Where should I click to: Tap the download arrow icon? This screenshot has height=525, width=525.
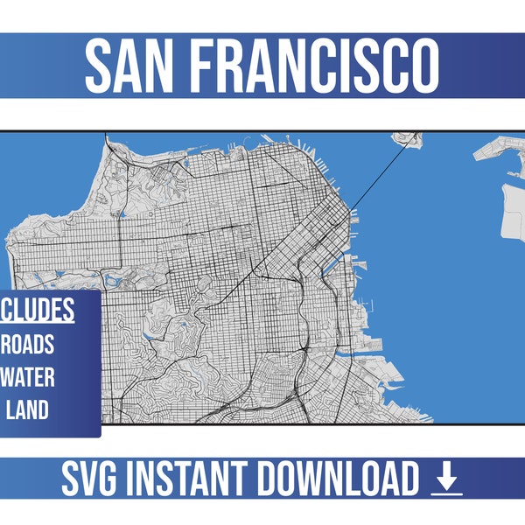point(446,479)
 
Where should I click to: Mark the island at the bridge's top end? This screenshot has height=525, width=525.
point(407,137)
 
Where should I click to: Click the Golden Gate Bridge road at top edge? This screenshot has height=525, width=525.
point(105,137)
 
